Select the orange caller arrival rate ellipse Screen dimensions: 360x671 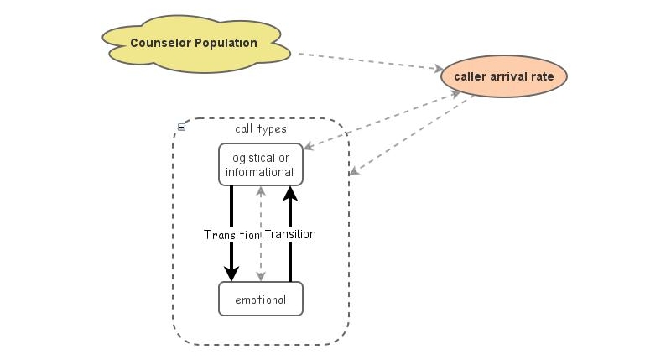pos(504,76)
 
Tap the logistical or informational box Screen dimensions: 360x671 pos(260,164)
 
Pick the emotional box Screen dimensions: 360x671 pos(260,300)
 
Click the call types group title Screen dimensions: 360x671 pos(260,129)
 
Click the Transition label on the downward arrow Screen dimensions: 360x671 pos(232,235)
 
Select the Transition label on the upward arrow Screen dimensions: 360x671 pos(289,234)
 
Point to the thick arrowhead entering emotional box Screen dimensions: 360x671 pos(231,274)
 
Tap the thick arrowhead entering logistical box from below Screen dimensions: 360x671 pos(289,194)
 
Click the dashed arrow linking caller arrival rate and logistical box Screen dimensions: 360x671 pos(382,120)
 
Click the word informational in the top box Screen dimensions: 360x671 pos(259,172)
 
